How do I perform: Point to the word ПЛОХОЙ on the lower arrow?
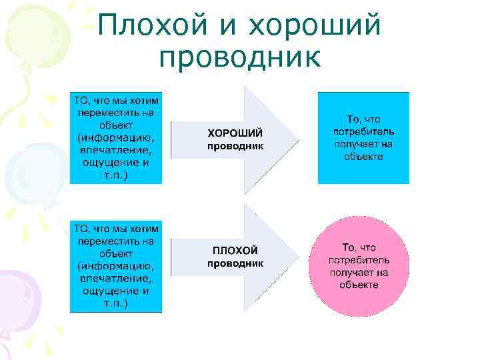(x=235, y=251)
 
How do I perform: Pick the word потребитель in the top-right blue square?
(x=363, y=131)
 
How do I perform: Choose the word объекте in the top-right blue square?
(x=364, y=156)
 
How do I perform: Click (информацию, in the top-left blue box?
(x=116, y=138)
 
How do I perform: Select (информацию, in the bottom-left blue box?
(x=116, y=266)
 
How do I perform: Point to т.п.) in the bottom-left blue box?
(x=116, y=304)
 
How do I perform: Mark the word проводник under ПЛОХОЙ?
(x=235, y=263)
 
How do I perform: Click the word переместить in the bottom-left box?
(x=116, y=241)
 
